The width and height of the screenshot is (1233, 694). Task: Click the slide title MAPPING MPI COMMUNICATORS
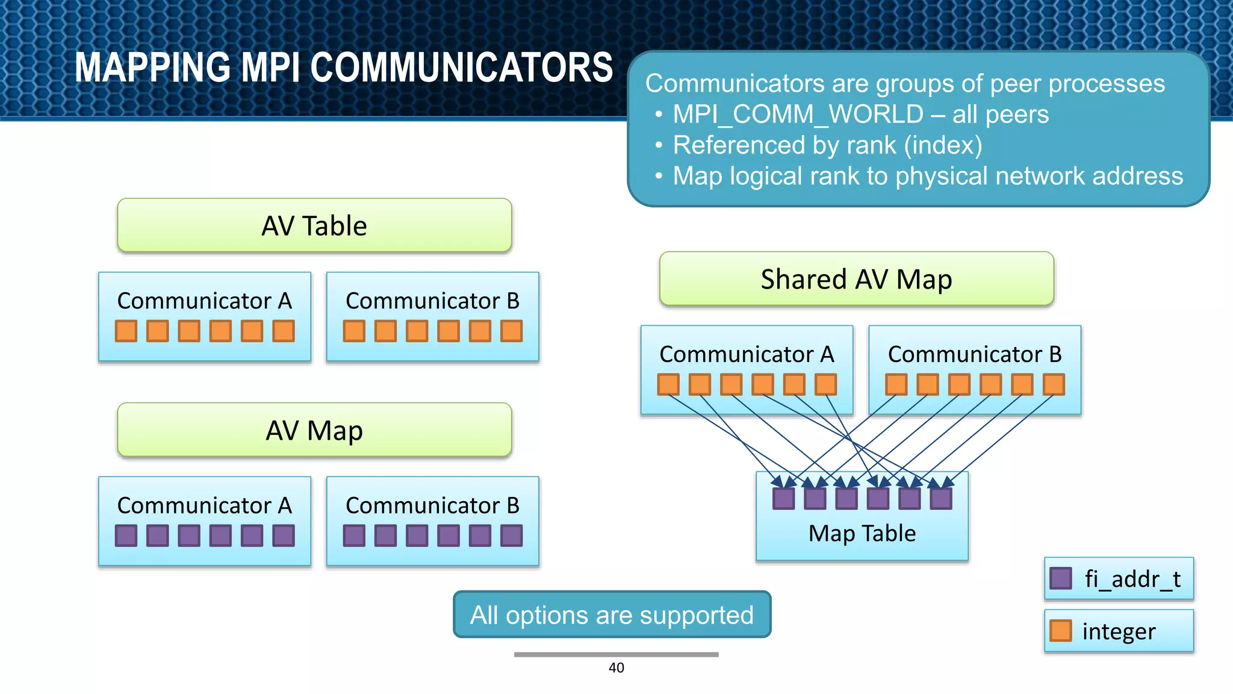pyautogui.click(x=343, y=67)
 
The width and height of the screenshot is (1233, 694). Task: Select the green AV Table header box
pyautogui.click(x=314, y=225)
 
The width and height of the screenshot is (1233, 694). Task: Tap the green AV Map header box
pyautogui.click(x=314, y=430)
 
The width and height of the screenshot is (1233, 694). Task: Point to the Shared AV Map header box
pyautogui.click(x=856, y=279)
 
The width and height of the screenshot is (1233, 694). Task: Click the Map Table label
pyautogui.click(x=862, y=534)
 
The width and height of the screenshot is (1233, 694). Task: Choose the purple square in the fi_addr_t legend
pyautogui.click(x=1060, y=578)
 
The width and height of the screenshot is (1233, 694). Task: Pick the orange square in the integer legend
pyautogui.click(x=1060, y=631)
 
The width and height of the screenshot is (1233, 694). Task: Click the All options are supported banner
pyautogui.click(x=612, y=615)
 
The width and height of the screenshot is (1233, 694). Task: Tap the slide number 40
pyautogui.click(x=616, y=667)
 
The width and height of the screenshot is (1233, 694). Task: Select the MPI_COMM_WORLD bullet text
pyautogui.click(x=860, y=114)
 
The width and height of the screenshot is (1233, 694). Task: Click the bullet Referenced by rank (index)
pyautogui.click(x=827, y=145)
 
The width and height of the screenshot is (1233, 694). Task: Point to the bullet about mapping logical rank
pyautogui.click(x=927, y=176)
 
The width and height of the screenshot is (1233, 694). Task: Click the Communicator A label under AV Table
pyautogui.click(x=204, y=301)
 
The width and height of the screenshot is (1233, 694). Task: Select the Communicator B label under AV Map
pyautogui.click(x=432, y=505)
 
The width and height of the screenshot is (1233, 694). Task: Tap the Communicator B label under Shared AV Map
pyautogui.click(x=975, y=354)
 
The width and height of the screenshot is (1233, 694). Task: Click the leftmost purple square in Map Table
pyautogui.click(x=783, y=498)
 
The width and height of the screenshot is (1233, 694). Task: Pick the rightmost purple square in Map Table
pyautogui.click(x=941, y=498)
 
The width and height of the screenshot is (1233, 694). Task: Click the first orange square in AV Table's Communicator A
pyautogui.click(x=126, y=331)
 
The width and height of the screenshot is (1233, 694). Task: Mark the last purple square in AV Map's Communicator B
pyautogui.click(x=511, y=536)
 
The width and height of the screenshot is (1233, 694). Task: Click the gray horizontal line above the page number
pyautogui.click(x=616, y=654)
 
